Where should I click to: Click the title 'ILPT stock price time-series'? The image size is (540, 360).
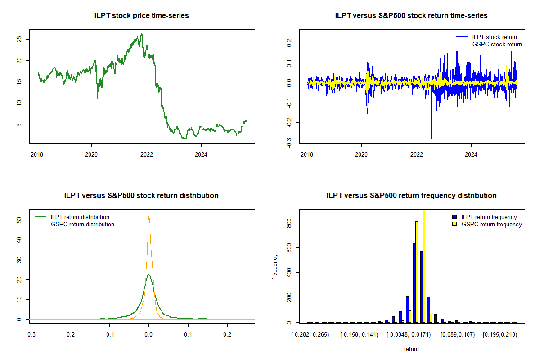(141, 16)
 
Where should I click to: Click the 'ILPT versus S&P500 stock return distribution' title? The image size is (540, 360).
(141, 196)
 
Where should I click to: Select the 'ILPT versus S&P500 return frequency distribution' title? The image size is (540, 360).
(411, 196)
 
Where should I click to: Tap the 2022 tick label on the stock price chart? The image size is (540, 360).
(147, 154)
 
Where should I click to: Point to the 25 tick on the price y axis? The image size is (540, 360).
(19, 39)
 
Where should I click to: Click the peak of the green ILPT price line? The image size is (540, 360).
(142, 34)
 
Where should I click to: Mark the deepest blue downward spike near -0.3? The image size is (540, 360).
(431, 139)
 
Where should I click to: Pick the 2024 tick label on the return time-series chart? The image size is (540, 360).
(471, 154)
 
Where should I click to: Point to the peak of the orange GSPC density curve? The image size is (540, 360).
(149, 216)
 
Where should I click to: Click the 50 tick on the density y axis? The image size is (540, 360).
(19, 220)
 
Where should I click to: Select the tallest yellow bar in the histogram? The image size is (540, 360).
(423, 265)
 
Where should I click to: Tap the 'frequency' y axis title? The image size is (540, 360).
(275, 266)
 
